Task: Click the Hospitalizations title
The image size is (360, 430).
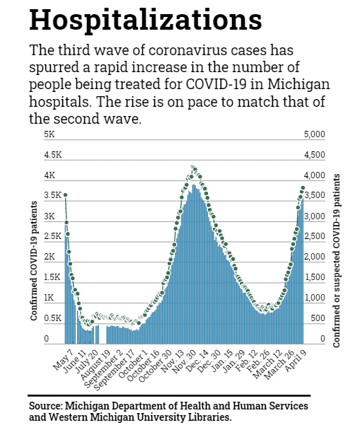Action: click(145, 21)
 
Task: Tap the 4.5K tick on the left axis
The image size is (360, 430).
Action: click(52, 155)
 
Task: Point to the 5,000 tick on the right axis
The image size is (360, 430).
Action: click(315, 134)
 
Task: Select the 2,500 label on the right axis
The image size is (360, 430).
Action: click(315, 236)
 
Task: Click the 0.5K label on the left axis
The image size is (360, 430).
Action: click(52, 318)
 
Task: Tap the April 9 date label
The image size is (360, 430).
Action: click(296, 361)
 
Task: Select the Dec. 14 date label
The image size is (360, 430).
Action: click(196, 361)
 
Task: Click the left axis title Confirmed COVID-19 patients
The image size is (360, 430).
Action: click(34, 261)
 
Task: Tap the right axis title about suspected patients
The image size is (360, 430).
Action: click(337, 260)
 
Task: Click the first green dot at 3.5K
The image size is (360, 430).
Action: click(65, 195)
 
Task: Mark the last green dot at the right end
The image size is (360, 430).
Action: click(303, 188)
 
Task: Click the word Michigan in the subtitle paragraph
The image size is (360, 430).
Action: click(298, 84)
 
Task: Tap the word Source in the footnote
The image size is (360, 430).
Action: click(45, 406)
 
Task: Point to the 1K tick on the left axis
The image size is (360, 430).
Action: click(49, 298)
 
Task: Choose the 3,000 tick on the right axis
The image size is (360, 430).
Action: click(315, 216)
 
